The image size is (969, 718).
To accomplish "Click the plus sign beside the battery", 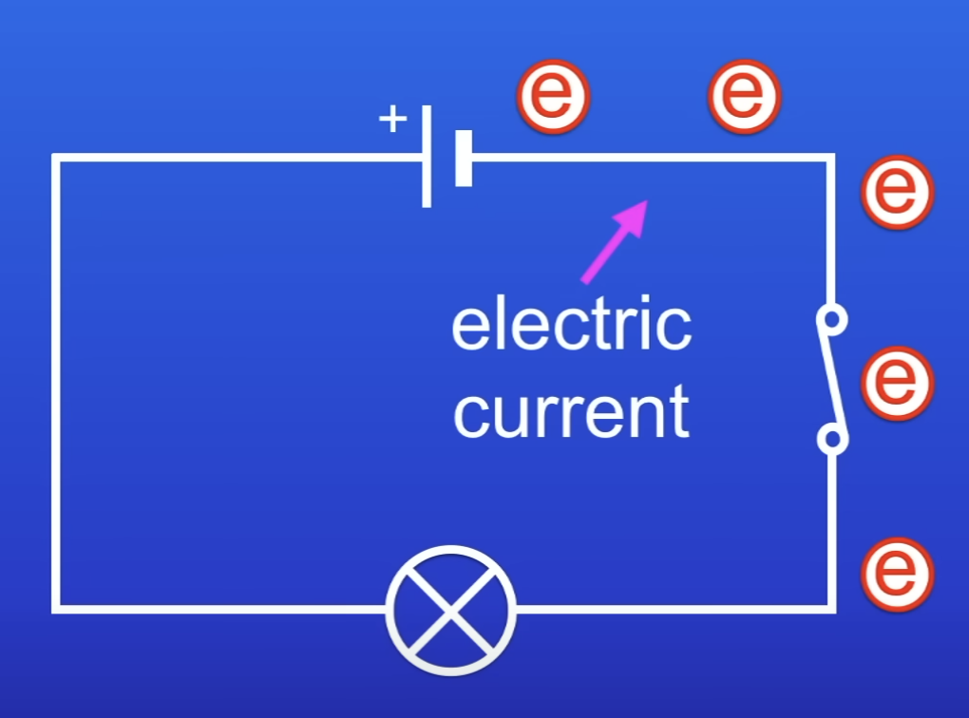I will (392, 120).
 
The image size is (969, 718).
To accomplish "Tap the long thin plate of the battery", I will (427, 157).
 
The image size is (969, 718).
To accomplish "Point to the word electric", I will (571, 325).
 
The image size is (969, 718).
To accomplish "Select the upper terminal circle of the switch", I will (832, 320).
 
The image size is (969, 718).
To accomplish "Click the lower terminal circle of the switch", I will (832, 439).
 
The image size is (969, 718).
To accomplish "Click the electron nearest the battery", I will (553, 96).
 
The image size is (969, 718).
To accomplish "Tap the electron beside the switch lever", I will (897, 383).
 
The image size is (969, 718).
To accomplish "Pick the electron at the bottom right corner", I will (897, 574).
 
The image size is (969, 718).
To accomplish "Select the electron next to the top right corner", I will (897, 191).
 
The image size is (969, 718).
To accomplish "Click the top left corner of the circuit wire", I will (57, 159).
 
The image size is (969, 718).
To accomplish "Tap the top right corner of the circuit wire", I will (832, 159).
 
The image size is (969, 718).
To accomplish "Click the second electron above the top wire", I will (745, 96).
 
